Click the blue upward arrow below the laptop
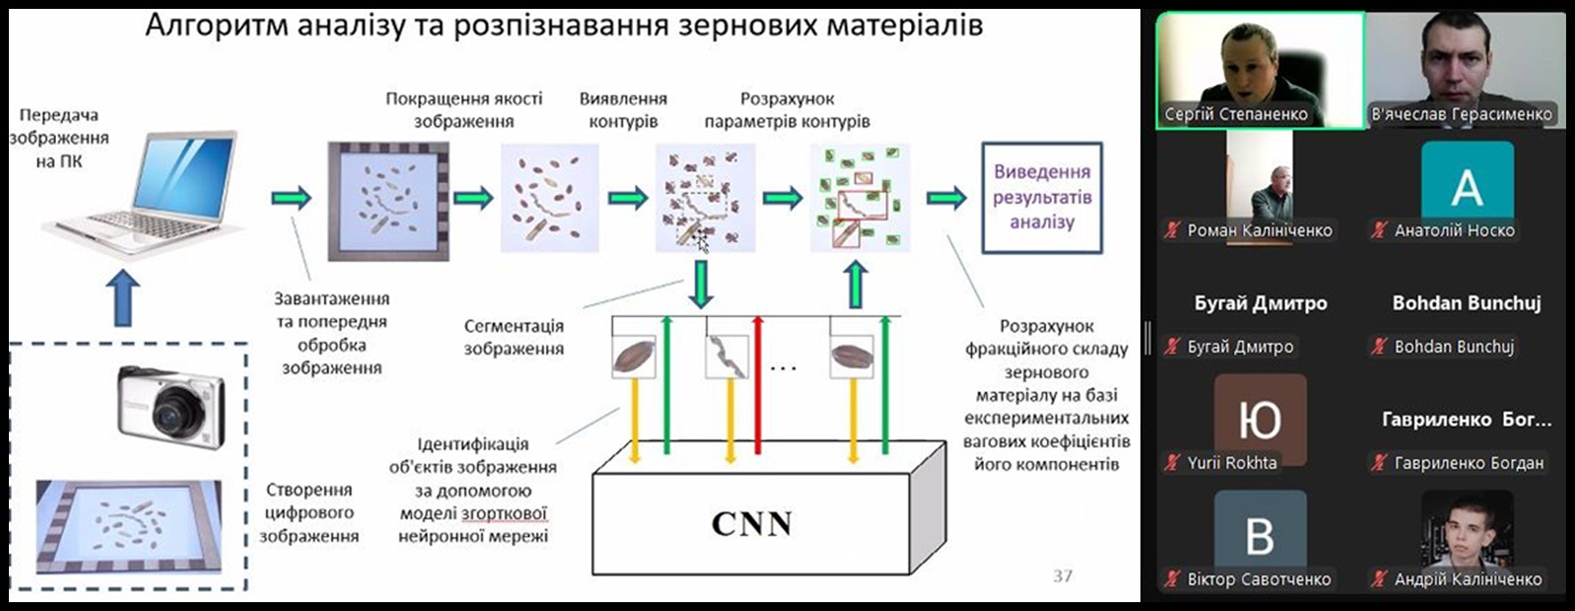pos(123,298)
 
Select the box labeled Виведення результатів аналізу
pos(1042,197)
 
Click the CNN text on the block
pos(751,524)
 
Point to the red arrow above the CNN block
pos(758,382)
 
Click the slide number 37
pos(1062,575)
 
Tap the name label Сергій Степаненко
pos(1236,115)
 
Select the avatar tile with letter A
pos(1467,185)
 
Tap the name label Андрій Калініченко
pos(1467,579)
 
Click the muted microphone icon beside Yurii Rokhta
pos(1172,463)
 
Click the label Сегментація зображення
pos(514,337)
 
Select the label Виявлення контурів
pos(623,110)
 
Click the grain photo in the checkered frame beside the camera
pos(129,527)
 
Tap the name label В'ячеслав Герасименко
pos(1461,115)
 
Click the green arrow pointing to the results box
pos(947,197)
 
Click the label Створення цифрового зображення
pos(308,512)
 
